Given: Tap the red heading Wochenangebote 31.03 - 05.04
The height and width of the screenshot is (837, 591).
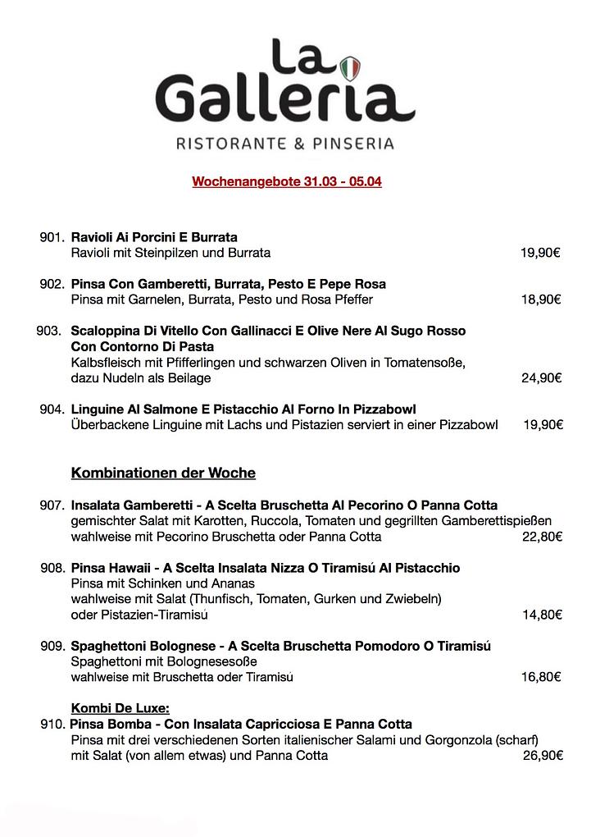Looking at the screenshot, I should pyautogui.click(x=287, y=181).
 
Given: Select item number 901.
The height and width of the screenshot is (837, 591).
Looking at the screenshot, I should pyautogui.click(x=52, y=237).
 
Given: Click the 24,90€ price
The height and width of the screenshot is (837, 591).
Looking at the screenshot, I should pyautogui.click(x=541, y=378).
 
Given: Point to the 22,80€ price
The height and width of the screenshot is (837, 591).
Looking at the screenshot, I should pyautogui.click(x=542, y=537).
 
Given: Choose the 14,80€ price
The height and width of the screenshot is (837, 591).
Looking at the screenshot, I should pyautogui.click(x=542, y=615).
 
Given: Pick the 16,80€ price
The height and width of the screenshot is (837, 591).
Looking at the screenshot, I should pyautogui.click(x=541, y=677).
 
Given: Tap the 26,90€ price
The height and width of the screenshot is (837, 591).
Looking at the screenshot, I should pyautogui.click(x=542, y=755).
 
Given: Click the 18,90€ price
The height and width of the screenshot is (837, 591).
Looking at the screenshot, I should pyautogui.click(x=541, y=300).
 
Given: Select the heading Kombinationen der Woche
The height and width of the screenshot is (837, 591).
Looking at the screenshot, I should pyautogui.click(x=163, y=473).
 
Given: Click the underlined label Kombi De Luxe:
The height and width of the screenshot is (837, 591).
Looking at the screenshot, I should pyautogui.click(x=120, y=708).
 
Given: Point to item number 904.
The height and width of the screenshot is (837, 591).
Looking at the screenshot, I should pyautogui.click(x=52, y=409).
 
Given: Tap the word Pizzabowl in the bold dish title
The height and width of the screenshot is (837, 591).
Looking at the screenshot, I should pyautogui.click(x=385, y=409).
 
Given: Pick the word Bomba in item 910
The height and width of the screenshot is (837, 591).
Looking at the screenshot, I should pyautogui.click(x=129, y=725).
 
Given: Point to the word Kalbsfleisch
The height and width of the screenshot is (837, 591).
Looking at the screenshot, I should pyautogui.click(x=107, y=363).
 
